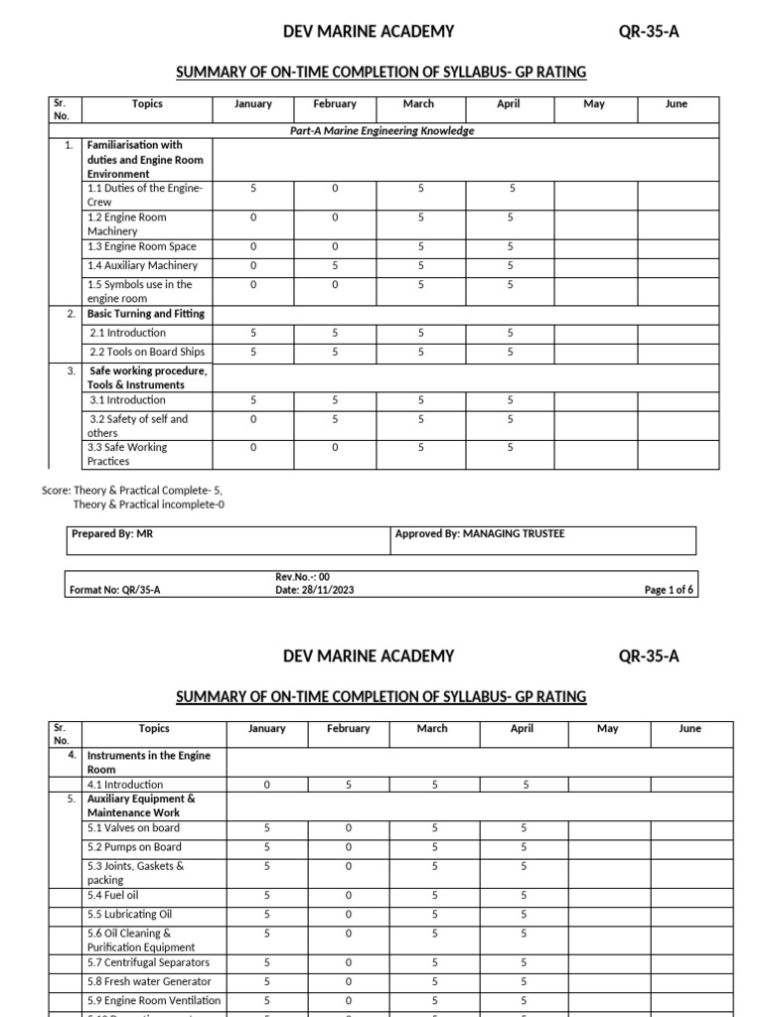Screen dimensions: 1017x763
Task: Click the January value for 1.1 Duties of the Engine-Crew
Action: (253, 188)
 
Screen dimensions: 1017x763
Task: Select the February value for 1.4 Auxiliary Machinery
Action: (335, 265)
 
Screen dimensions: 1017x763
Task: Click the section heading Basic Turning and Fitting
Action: (146, 314)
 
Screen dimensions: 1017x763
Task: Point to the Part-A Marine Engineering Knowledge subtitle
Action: (381, 130)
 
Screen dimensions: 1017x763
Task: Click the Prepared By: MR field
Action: (112, 534)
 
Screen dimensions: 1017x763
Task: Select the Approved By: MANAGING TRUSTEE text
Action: (480, 534)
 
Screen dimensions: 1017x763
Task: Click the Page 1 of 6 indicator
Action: (670, 590)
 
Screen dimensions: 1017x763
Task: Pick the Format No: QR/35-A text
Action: (115, 590)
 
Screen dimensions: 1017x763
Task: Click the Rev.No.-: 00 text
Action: (302, 576)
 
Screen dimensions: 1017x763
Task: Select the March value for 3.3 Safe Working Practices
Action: (419, 447)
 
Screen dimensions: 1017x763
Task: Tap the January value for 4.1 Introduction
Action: (266, 785)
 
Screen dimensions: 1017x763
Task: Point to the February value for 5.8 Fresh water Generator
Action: (348, 981)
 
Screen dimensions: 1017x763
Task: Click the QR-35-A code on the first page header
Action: (649, 32)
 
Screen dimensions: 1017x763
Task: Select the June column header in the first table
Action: (677, 104)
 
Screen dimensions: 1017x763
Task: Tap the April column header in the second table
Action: (522, 728)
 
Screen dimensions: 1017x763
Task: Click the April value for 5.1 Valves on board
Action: (523, 827)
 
